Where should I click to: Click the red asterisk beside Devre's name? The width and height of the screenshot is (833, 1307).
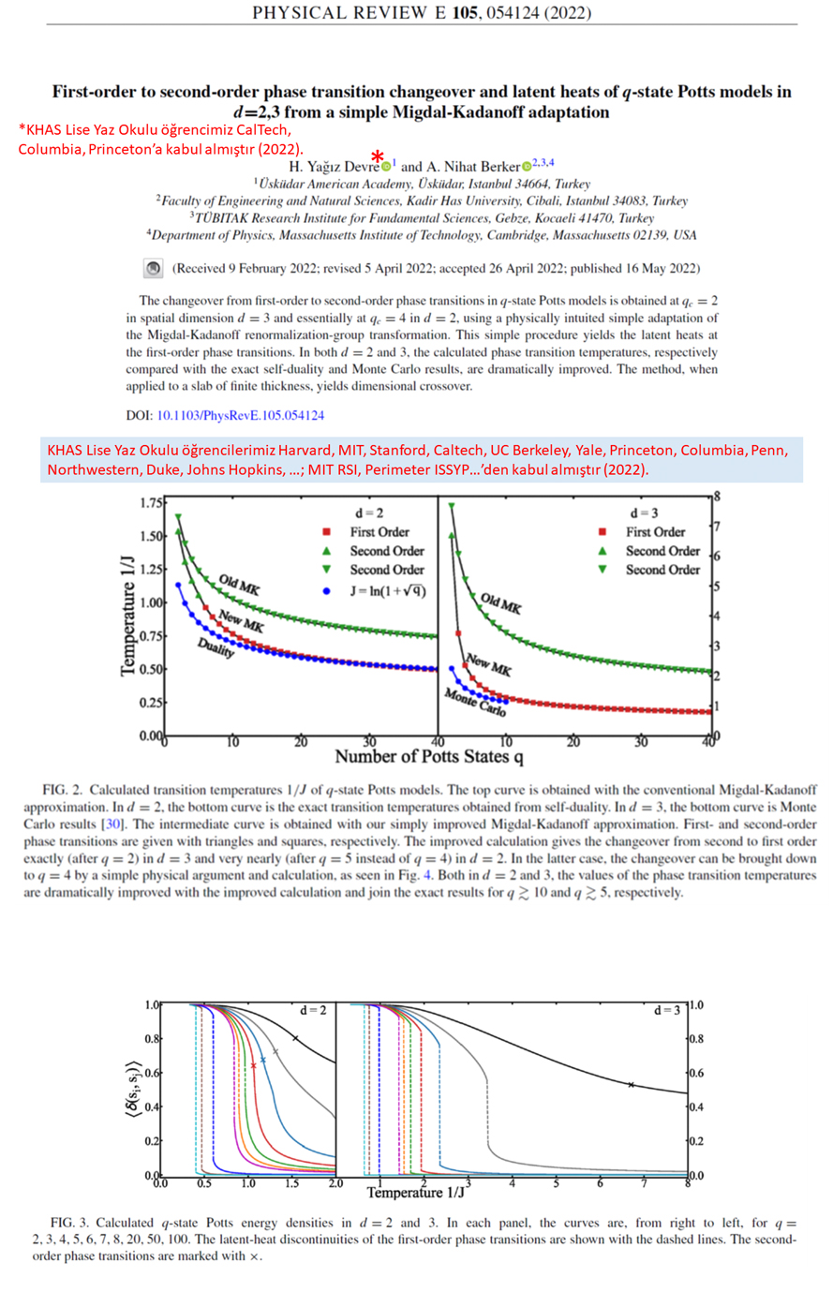click(x=377, y=156)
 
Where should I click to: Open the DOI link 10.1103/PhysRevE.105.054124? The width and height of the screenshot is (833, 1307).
click(x=240, y=415)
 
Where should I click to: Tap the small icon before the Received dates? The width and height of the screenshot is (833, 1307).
click(x=153, y=268)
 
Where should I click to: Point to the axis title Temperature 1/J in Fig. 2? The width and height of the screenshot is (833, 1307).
click(x=128, y=615)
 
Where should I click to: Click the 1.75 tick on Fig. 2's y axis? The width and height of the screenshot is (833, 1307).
click(x=150, y=503)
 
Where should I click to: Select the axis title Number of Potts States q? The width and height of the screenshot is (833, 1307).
click(x=428, y=756)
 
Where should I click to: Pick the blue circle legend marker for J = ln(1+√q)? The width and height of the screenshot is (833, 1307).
click(x=326, y=591)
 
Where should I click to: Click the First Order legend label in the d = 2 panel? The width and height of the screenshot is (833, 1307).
click(x=379, y=532)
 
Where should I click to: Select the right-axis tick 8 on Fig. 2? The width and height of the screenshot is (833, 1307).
click(x=717, y=497)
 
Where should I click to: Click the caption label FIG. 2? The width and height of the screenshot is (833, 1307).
click(x=62, y=791)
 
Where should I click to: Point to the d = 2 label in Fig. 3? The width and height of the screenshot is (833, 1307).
click(x=313, y=1011)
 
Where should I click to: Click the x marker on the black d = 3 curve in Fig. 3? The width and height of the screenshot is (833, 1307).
click(x=631, y=1085)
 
